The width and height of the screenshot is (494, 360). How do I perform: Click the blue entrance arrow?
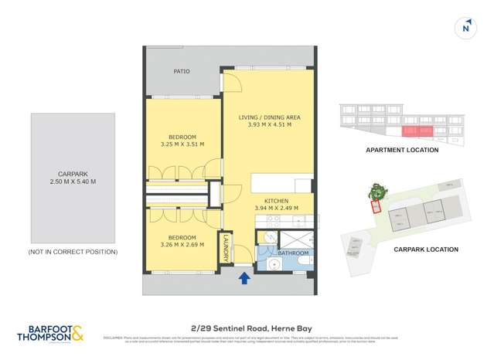pyautogui.click(x=244, y=277)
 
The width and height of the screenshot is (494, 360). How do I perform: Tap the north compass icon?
pyautogui.click(x=465, y=29)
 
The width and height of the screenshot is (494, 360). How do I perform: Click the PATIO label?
pyautogui.click(x=182, y=72)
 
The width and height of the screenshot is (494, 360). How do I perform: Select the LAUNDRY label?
pyautogui.click(x=226, y=247)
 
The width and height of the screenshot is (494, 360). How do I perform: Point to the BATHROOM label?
pyautogui.click(x=294, y=253)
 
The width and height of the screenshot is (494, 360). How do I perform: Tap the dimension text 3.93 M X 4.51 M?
pyautogui.click(x=269, y=124)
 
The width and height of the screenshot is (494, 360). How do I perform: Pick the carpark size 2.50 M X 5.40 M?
pyautogui.click(x=73, y=182)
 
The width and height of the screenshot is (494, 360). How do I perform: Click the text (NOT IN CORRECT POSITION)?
pyautogui.click(x=73, y=252)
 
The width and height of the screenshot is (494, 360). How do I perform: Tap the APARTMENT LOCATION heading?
pyautogui.click(x=406, y=151)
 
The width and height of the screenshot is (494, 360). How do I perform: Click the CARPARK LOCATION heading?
pyautogui.click(x=426, y=250)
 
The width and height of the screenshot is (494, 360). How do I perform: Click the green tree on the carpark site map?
pyautogui.click(x=377, y=192)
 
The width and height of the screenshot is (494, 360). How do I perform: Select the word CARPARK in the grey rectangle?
pyautogui.click(x=73, y=174)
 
